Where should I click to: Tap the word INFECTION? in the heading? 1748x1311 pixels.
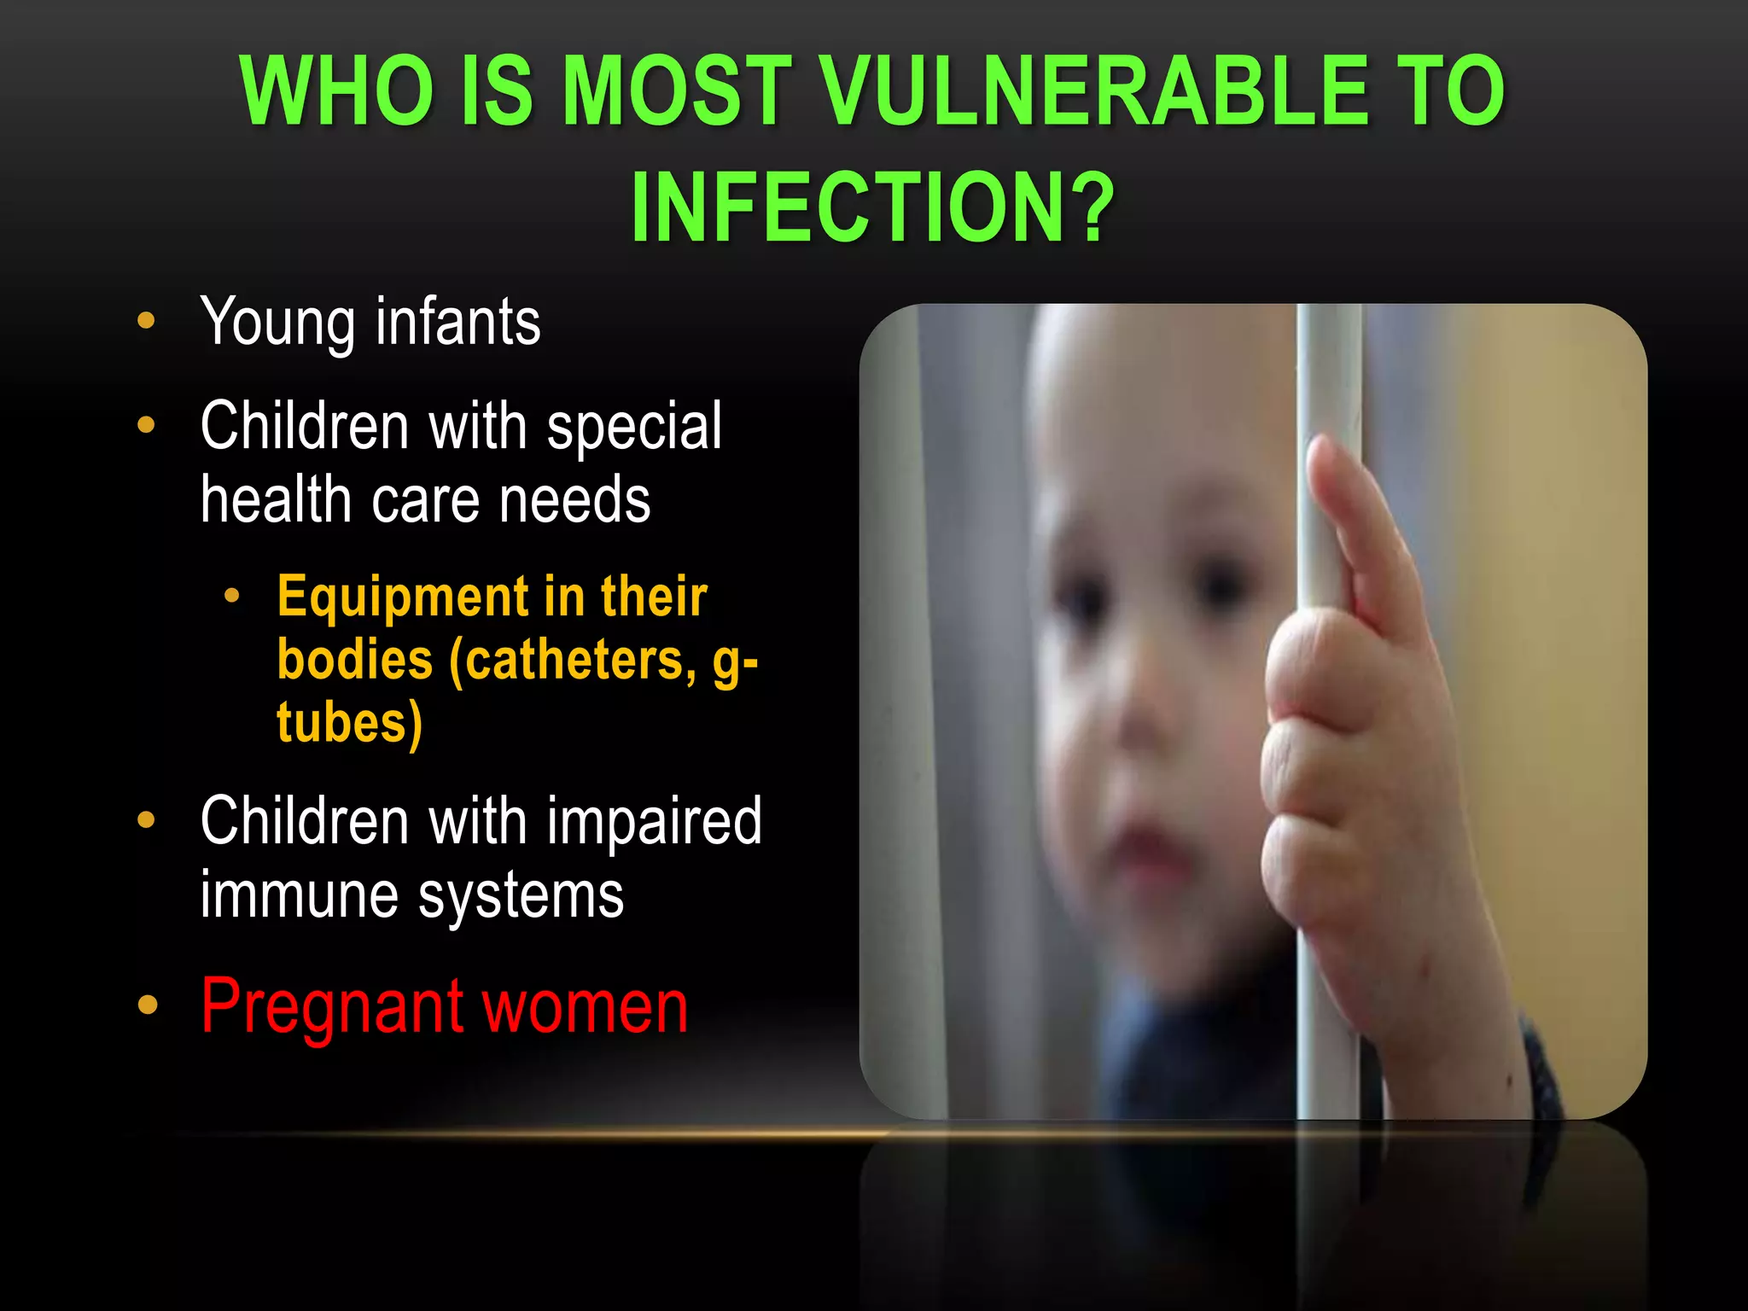tap(872, 207)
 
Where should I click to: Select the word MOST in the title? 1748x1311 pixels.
tap(678, 90)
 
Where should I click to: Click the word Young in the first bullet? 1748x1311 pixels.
tap(277, 323)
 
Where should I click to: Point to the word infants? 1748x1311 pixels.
tap(458, 323)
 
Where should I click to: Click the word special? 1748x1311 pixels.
tap(634, 427)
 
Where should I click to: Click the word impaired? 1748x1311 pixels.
tap(654, 821)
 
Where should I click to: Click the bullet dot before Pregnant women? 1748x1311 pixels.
tap(148, 1005)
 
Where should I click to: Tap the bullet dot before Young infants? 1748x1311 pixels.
tap(147, 320)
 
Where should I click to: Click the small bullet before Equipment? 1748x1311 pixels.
tap(231, 596)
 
